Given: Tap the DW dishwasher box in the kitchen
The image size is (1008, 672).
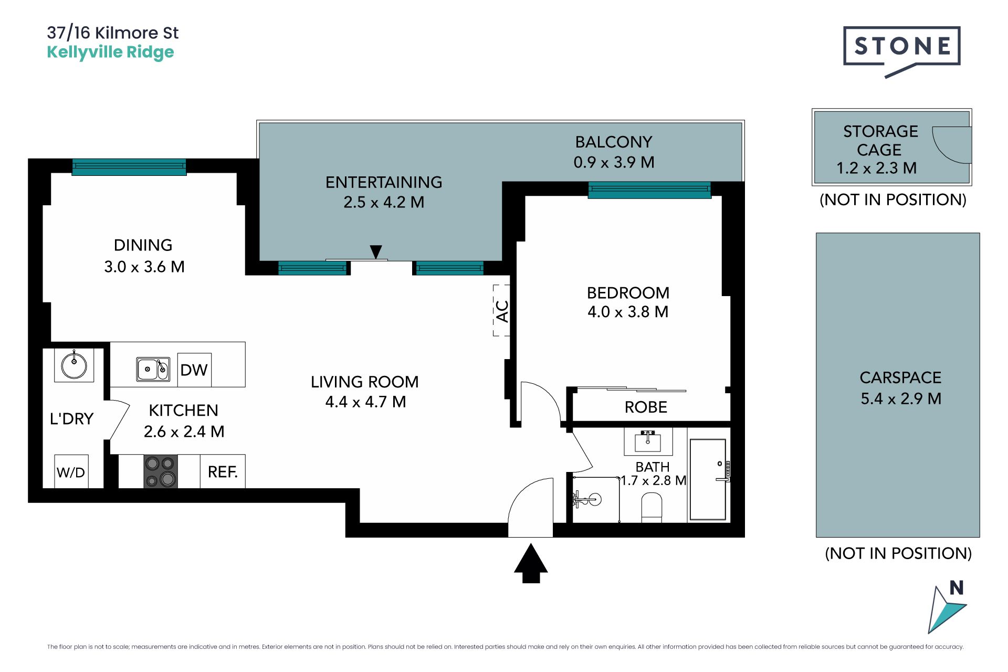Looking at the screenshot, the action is (194, 370).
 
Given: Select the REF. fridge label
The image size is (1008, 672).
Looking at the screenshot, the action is (223, 472).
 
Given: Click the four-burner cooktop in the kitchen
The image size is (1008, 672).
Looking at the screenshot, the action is (161, 471).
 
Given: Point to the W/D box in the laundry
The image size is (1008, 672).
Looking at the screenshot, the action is (71, 472).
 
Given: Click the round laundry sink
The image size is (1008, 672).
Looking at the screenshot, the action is (74, 365).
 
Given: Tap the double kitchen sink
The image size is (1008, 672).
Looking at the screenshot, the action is (153, 369).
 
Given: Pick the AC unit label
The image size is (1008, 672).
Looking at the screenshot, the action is (502, 311).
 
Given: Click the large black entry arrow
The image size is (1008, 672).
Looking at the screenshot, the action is (531, 563).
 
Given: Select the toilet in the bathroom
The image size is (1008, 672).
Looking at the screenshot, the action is (652, 507).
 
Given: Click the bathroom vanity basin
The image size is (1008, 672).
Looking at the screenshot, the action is (648, 441).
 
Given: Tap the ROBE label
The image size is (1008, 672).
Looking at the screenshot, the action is (646, 407).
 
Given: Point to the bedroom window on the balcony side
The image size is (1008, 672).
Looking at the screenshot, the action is (649, 190).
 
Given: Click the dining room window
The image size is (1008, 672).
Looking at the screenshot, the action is (129, 167).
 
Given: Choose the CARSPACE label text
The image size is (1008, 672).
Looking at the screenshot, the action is (900, 377).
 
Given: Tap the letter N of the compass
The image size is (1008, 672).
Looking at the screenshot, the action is (957, 587).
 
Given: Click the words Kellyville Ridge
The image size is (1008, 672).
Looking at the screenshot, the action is (110, 52).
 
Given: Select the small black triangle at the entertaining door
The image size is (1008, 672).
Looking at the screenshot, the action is (376, 252).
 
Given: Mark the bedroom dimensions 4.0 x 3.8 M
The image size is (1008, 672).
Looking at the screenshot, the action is (628, 312).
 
